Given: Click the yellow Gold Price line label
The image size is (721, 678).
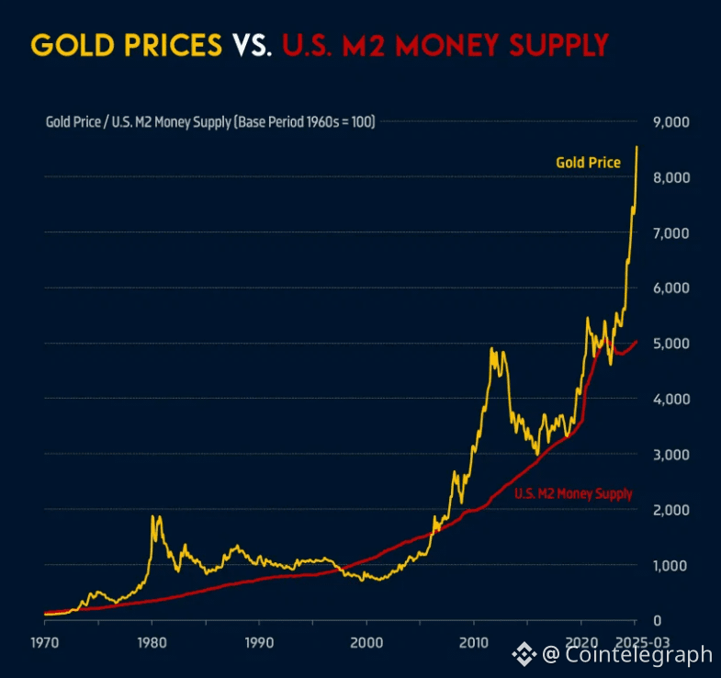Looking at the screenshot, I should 588,163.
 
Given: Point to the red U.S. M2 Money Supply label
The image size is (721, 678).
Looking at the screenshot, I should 573,493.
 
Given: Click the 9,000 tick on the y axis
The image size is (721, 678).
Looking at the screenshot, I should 670,122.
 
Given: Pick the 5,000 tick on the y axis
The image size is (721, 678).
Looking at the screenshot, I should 670,344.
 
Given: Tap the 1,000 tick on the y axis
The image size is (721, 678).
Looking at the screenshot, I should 670,565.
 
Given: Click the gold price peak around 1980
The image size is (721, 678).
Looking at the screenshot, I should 152,516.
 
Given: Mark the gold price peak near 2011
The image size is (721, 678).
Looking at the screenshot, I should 492,348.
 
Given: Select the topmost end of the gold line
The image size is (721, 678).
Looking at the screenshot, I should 637,147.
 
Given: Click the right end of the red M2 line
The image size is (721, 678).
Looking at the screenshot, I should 637,342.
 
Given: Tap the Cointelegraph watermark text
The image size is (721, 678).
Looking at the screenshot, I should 638,654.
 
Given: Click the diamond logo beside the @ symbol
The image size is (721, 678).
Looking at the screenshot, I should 524,654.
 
